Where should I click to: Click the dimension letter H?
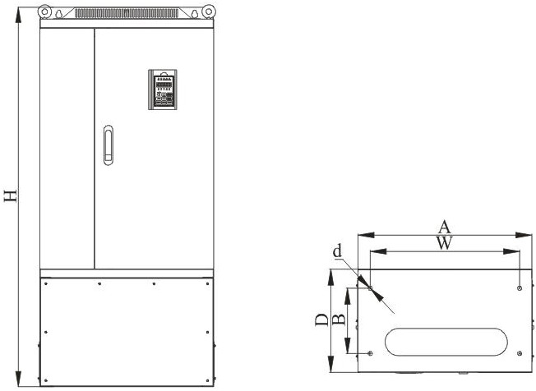10,195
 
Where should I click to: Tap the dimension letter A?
445,227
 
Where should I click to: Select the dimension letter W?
445,243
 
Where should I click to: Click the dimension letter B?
339,320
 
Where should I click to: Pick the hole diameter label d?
337,251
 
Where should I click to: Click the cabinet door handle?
109,145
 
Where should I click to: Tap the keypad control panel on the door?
163,90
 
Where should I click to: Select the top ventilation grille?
127,13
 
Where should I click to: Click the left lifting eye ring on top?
44,11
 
